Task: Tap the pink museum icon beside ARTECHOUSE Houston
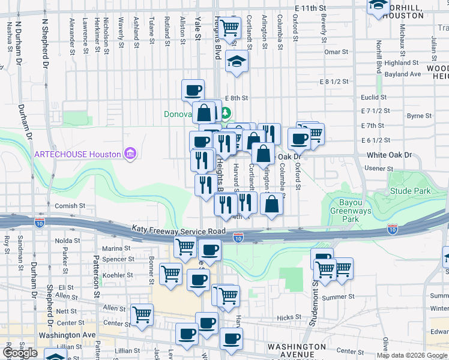tap(129, 154)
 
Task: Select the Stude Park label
tap(411, 191)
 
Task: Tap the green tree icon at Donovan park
tap(225, 112)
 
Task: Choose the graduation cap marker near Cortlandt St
tap(237, 61)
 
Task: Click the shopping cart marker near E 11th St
tap(229, 27)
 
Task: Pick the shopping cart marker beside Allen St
tap(142, 314)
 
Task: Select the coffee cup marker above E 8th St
tap(193, 91)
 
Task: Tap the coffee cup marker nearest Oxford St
tap(298, 139)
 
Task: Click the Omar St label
tap(332, 52)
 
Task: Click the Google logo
tap(20, 353)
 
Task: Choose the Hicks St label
tap(289, 317)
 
